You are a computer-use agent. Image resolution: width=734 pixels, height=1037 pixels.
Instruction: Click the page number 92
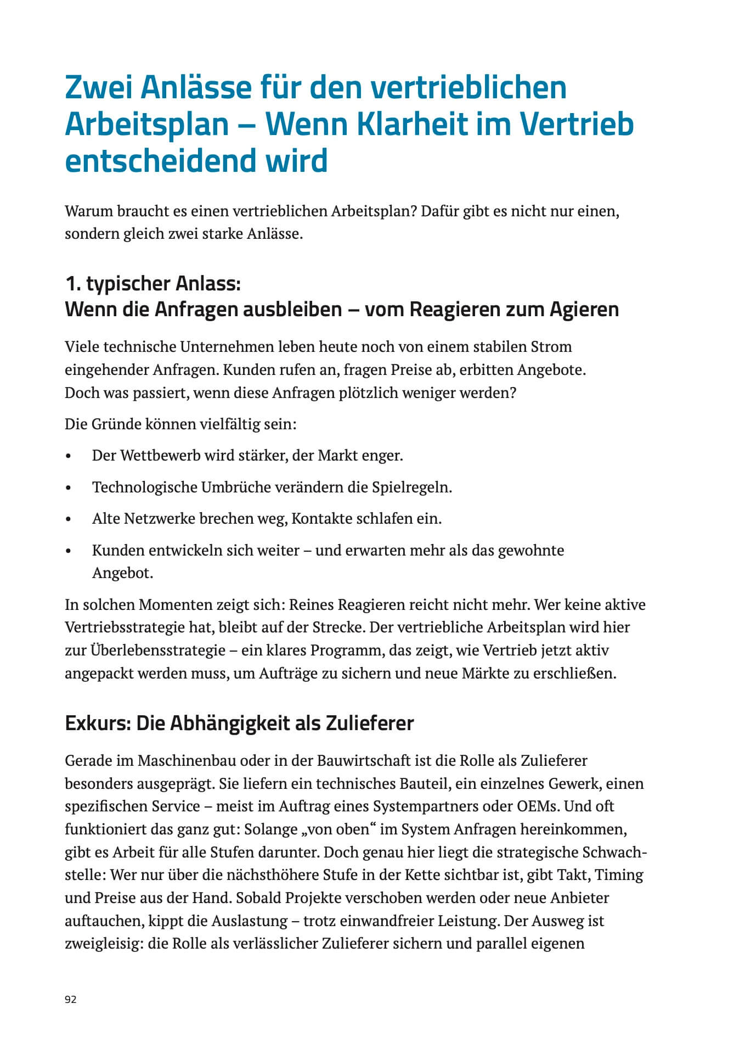[x=71, y=999]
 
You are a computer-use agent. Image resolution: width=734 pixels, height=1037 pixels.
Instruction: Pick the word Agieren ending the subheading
[x=584, y=309]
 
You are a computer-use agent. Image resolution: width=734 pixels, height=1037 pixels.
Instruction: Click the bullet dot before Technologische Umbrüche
[x=68, y=488]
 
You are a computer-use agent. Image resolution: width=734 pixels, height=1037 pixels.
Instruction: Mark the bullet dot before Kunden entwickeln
[x=68, y=551]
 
